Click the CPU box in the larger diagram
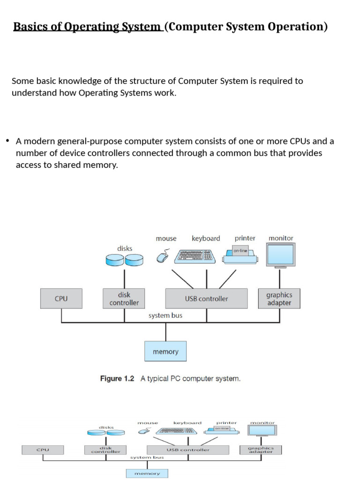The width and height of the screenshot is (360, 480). pos(61,299)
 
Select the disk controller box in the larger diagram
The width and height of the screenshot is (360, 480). pos(124,299)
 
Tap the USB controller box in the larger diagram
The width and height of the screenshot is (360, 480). pos(206,299)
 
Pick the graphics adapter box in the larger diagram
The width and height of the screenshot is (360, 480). pos(279,299)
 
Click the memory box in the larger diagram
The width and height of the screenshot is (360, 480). pos(165,352)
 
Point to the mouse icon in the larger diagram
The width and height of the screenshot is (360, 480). pos(162,257)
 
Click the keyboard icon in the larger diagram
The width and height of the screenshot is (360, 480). pos(195,256)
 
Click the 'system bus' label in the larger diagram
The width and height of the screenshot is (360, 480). pos(165,315)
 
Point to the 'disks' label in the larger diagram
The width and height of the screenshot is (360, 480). pos(125,248)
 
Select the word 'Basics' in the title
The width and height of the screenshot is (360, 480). pos(28,27)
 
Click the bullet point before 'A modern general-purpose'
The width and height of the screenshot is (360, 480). pos(7,141)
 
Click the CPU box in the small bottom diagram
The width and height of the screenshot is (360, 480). pos(43,450)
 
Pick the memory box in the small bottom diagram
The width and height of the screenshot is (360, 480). pos(147,473)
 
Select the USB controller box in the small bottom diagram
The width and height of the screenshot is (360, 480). pos(188,450)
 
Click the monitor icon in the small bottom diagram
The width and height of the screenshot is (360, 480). pos(262,431)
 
